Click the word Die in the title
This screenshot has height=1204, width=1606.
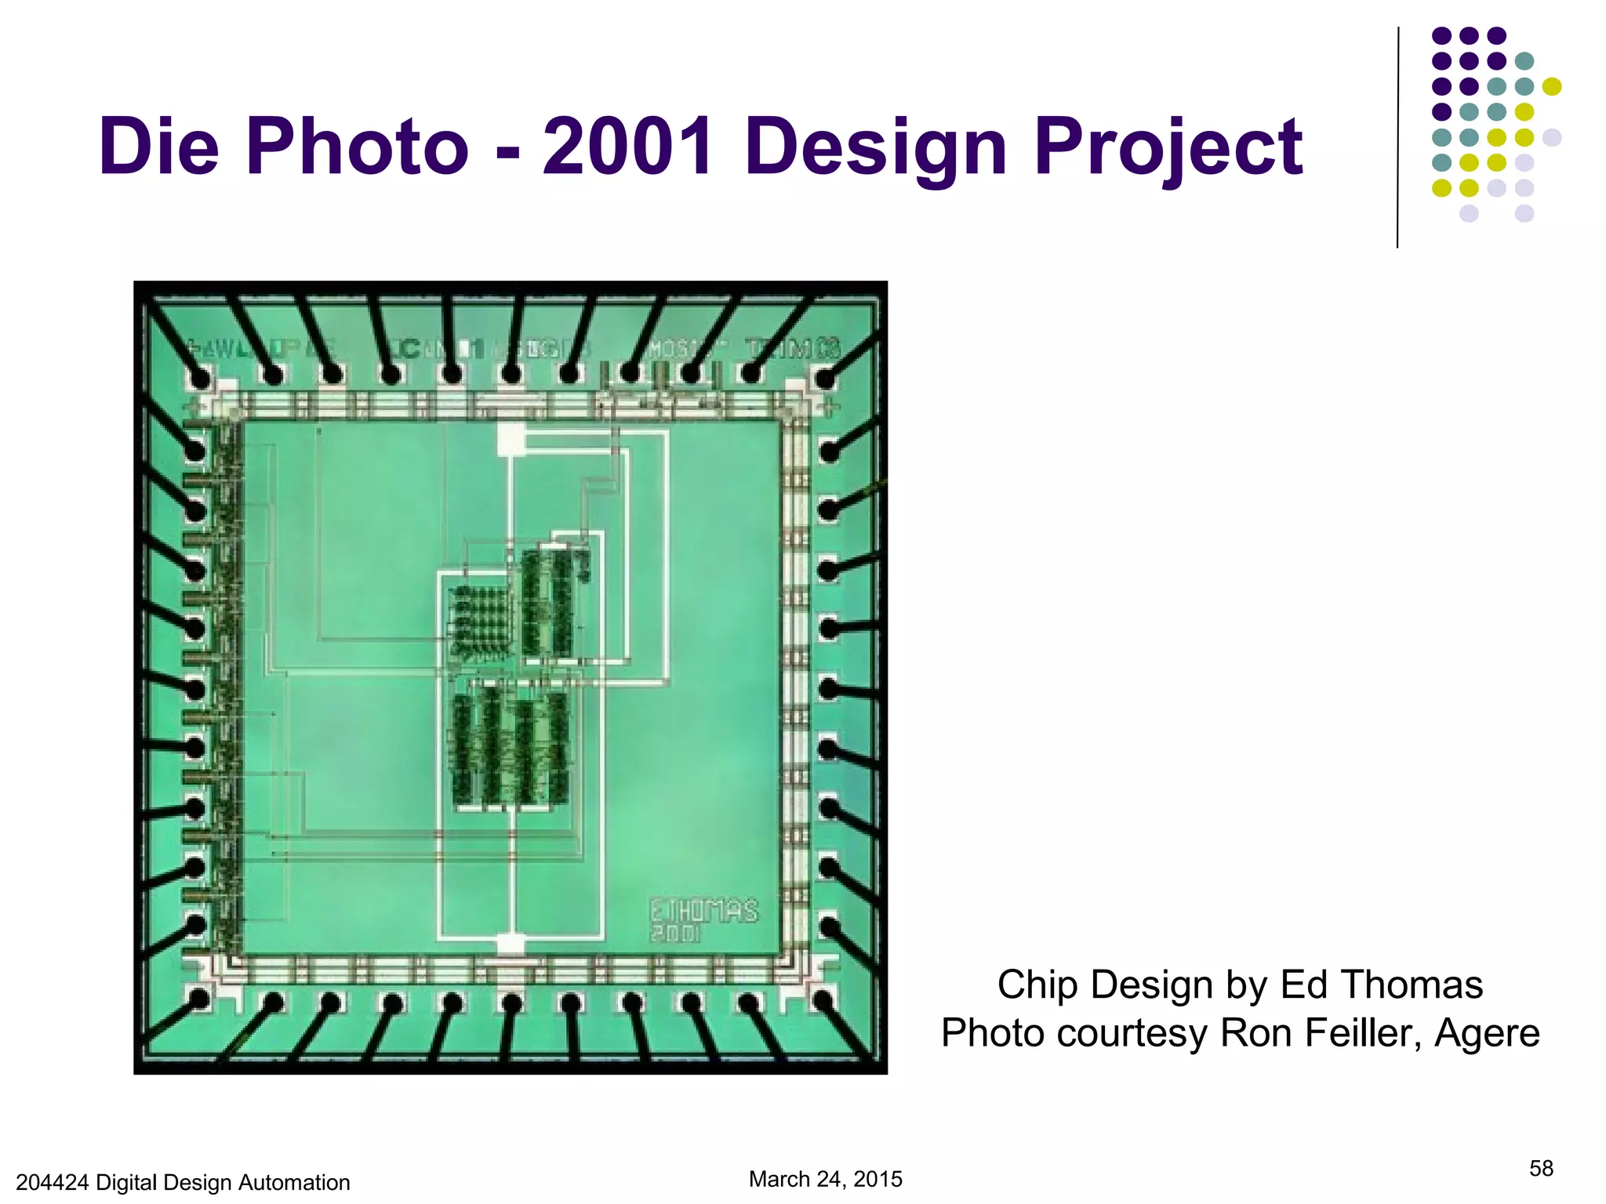pyautogui.click(x=159, y=147)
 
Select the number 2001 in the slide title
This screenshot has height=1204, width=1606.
pyautogui.click(x=627, y=147)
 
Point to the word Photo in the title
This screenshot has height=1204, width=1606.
pyautogui.click(x=357, y=147)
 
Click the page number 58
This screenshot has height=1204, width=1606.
pyautogui.click(x=1541, y=1169)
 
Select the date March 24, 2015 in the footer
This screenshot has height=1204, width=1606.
pyautogui.click(x=826, y=1179)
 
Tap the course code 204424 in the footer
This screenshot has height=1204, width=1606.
pyautogui.click(x=52, y=1183)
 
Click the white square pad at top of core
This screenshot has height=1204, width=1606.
pyautogui.click(x=511, y=438)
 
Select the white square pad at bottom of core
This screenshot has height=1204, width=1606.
pyautogui.click(x=511, y=943)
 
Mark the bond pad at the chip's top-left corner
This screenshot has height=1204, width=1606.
pyautogui.click(x=200, y=379)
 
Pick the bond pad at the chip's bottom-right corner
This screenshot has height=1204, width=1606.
pyautogui.click(x=823, y=1001)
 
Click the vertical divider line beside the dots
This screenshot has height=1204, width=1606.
pyautogui.click(x=1397, y=137)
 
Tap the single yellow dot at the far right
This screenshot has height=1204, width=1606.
pyautogui.click(x=1551, y=86)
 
